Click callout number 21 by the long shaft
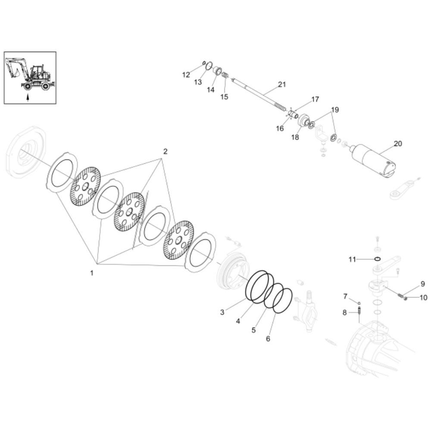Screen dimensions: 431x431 tap(282, 84)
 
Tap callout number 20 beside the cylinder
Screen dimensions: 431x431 tap(398, 144)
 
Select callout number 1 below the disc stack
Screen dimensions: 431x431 tap(92, 273)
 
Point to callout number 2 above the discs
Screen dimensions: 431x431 tap(165, 151)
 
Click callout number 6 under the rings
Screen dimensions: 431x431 tap(268, 339)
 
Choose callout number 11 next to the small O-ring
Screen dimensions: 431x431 tap(352, 259)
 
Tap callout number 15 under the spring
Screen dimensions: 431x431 tap(224, 97)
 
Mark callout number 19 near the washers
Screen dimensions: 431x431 tap(335, 110)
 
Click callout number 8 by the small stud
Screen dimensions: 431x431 tap(344, 312)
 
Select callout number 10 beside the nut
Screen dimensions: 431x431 tap(424, 297)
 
